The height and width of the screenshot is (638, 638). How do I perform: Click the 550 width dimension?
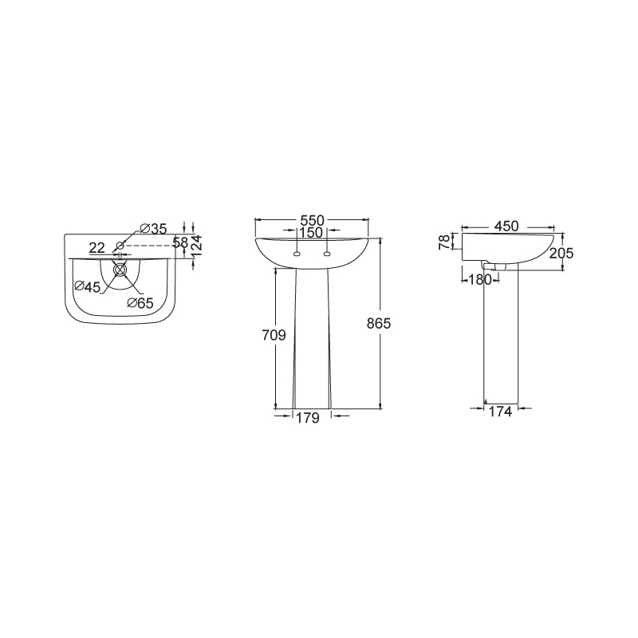[x=312, y=221]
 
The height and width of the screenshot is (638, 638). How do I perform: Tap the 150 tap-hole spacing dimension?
[x=311, y=233]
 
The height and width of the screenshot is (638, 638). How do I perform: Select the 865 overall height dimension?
[x=378, y=324]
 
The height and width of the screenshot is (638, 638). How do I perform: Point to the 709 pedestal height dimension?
[x=274, y=336]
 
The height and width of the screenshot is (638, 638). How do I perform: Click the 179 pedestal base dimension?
[x=307, y=418]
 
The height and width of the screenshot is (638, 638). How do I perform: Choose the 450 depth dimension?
[x=506, y=226]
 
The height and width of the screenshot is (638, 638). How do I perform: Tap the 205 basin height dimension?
[x=561, y=253]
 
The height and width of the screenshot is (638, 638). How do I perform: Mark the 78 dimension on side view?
[x=446, y=242]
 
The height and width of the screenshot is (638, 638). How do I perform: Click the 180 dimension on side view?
[x=480, y=280]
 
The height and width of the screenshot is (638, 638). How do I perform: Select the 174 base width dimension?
[x=500, y=412]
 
